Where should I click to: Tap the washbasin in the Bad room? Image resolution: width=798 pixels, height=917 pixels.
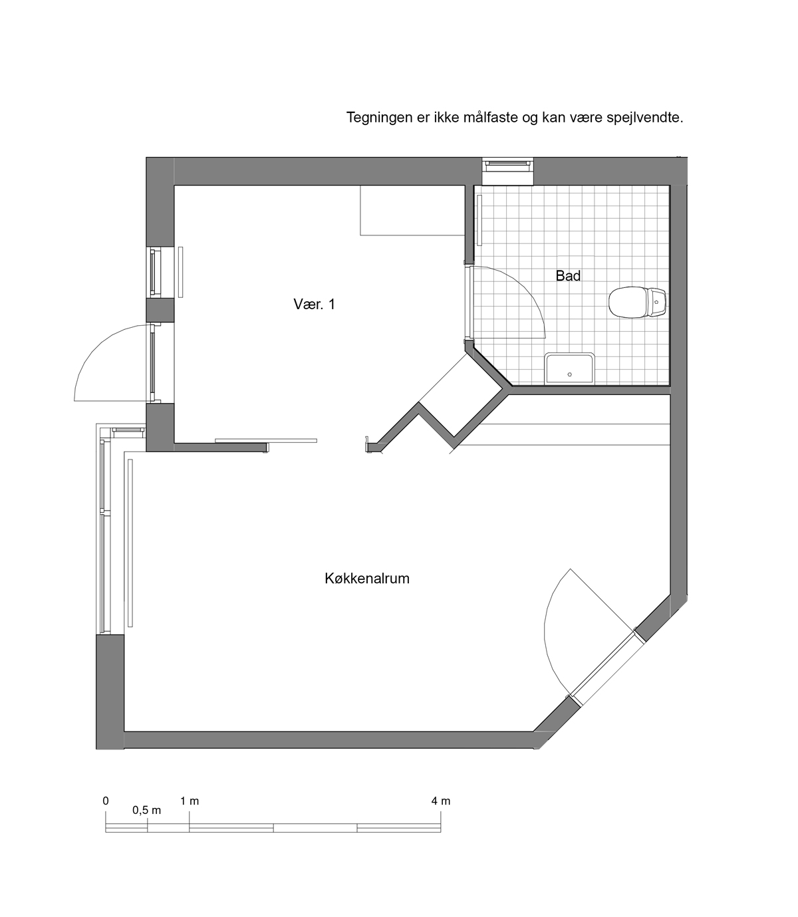569,369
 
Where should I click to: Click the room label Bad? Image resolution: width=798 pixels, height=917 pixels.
568,276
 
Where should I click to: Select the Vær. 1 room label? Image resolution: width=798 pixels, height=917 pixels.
314,305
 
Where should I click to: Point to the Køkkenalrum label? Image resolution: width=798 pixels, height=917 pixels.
367,578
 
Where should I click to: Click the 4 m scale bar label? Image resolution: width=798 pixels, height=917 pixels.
440,801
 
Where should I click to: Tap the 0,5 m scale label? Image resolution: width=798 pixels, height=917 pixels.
146,811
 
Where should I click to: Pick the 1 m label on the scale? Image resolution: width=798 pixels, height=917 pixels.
190,801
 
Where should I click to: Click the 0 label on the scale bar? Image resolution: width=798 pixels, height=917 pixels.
106,801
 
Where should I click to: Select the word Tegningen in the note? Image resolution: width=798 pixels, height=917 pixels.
379,118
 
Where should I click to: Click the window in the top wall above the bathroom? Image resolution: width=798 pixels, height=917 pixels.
507,171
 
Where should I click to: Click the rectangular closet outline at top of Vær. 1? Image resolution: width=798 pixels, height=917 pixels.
413,210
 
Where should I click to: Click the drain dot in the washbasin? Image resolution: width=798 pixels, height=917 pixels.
569,374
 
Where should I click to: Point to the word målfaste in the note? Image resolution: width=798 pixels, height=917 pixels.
491,118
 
